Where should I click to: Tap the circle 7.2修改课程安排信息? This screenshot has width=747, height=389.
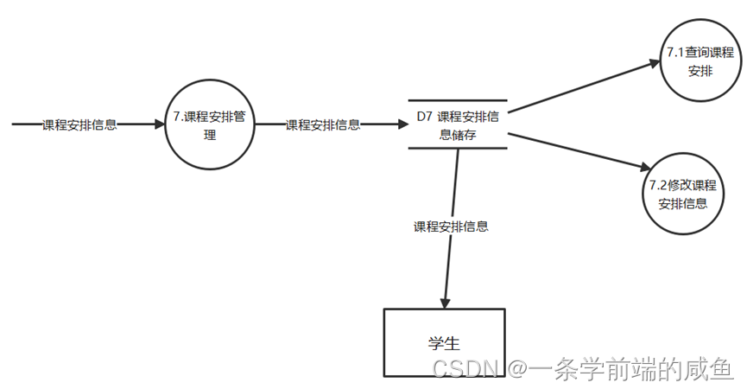click(682, 194)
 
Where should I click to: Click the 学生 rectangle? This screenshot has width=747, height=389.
click(444, 342)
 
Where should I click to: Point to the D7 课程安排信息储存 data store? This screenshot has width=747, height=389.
click(458, 124)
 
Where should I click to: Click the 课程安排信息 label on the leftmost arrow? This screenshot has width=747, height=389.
click(80, 124)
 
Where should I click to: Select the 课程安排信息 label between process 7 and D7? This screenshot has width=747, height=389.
click(323, 124)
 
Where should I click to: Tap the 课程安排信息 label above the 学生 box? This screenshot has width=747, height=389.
click(451, 227)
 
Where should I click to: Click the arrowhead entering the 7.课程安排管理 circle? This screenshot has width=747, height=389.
click(158, 124)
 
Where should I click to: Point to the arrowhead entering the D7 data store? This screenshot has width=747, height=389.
click(402, 124)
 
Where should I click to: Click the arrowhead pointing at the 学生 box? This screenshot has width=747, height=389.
click(445, 303)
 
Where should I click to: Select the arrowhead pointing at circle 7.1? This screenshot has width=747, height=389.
click(655, 61)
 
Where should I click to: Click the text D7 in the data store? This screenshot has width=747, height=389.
click(424, 117)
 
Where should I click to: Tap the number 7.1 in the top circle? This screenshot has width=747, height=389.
click(675, 54)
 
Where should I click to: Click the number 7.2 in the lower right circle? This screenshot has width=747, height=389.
click(659, 186)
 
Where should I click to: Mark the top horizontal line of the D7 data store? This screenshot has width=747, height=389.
click(458, 101)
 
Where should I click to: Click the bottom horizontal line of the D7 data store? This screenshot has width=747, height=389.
click(458, 148)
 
